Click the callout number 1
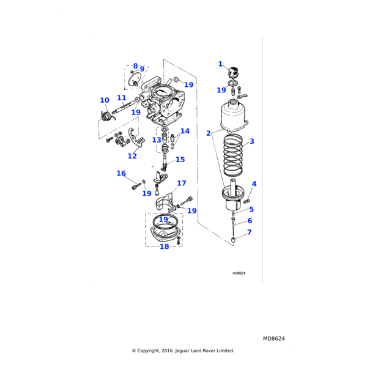coord(221,64)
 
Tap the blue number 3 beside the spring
coord(251,141)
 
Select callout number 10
coord(105,100)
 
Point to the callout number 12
coord(132,156)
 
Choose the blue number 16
coord(121,174)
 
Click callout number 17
coord(182,183)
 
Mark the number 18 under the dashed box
coord(164,247)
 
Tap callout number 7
coord(250,232)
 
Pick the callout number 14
coord(185,131)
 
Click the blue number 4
coord(254,183)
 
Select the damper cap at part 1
coord(232,74)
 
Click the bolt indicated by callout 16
coord(134,187)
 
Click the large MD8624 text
coord(274,338)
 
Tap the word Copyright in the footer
coord(154,350)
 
